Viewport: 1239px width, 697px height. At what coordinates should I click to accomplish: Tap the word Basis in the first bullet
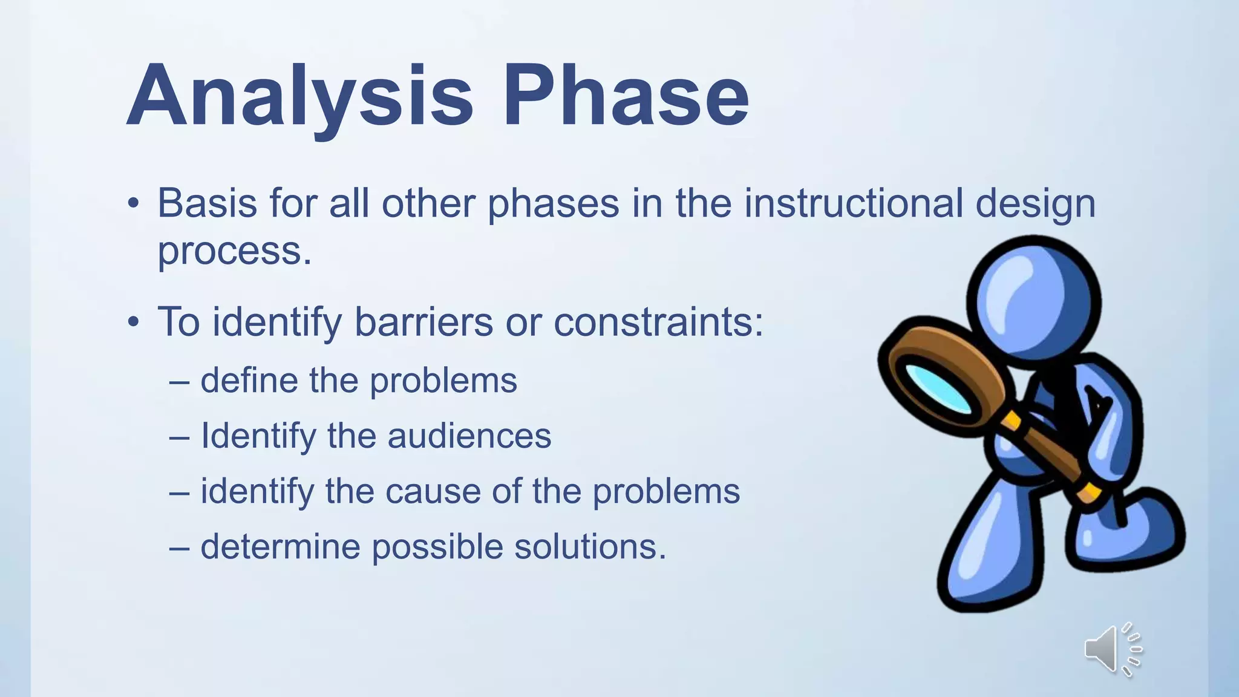[208, 203]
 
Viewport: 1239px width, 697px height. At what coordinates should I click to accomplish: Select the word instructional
[853, 203]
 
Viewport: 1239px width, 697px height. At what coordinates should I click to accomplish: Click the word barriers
[423, 322]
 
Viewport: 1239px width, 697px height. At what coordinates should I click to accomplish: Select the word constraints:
[658, 322]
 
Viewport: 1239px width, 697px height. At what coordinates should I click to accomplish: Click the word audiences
[469, 436]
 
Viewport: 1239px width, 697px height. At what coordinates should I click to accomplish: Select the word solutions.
[590, 547]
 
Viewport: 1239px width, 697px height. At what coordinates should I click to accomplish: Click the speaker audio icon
[1112, 649]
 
